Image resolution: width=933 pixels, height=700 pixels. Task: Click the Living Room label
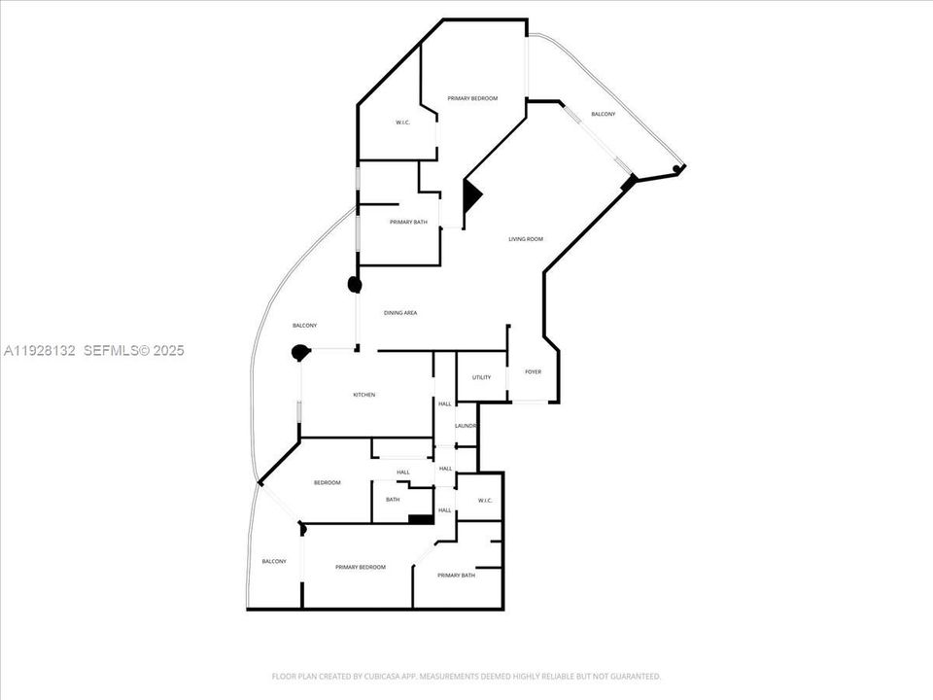526,239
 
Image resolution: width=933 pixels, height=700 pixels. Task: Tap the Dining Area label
400,312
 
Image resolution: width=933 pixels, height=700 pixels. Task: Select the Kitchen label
364,395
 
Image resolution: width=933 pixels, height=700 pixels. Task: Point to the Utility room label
481,377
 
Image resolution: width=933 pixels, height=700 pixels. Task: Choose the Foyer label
533,372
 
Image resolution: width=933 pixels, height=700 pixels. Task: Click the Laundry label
466,426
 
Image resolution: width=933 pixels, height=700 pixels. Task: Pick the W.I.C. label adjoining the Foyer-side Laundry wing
486,501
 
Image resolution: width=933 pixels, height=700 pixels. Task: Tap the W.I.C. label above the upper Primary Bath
402,122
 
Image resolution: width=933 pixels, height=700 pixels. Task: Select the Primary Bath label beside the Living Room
408,223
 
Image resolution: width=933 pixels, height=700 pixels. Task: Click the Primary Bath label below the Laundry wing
456,576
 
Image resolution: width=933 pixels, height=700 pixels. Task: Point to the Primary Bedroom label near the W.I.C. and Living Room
472,99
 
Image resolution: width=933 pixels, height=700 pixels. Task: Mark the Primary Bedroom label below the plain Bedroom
361,567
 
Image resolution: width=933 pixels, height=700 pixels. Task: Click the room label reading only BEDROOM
327,483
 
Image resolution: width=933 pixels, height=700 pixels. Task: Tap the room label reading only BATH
393,500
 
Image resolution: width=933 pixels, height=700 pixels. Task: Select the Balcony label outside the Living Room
603,115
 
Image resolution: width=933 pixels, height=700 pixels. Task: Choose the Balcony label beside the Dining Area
304,326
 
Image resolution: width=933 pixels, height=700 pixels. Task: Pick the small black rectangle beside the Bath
420,520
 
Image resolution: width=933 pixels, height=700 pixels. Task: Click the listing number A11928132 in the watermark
40,350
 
